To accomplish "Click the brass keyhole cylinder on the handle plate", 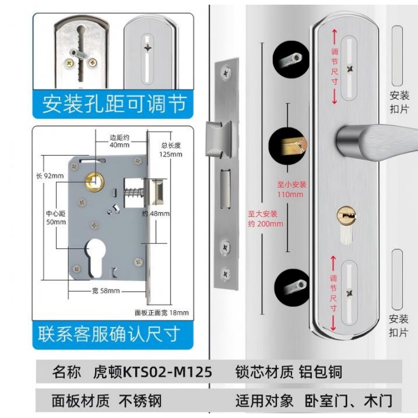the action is click(x=346, y=215).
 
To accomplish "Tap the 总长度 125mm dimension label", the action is click(x=171, y=150).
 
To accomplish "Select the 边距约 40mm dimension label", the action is click(x=120, y=141).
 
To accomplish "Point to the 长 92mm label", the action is click(x=50, y=176).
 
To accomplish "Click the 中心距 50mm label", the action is click(x=56, y=218).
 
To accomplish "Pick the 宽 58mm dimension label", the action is click(x=106, y=291).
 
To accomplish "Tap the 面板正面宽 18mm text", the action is click(x=161, y=312).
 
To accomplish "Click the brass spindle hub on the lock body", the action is click(x=95, y=182).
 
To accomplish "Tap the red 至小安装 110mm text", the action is click(x=291, y=189).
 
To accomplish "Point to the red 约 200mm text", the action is click(x=265, y=224).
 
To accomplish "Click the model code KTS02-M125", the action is click(x=167, y=372).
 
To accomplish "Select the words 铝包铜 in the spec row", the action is click(x=320, y=372).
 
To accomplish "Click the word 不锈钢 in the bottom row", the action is click(x=140, y=401).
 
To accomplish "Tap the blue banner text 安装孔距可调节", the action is click(x=114, y=104).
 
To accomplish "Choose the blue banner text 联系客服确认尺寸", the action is click(x=109, y=334).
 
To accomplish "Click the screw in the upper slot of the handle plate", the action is click(x=350, y=69).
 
